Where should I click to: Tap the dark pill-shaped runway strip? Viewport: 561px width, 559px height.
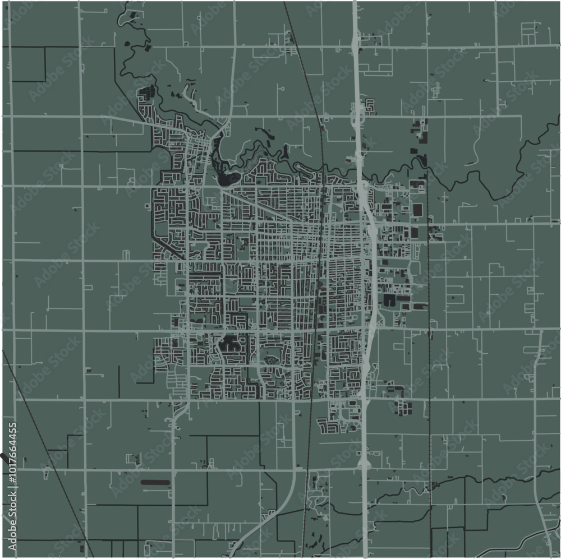155,482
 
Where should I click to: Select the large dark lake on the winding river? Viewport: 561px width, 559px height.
228,178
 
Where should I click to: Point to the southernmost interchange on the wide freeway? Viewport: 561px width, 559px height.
364,464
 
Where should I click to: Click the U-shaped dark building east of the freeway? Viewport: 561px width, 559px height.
389,300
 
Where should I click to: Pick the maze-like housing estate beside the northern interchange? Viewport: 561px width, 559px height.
369,106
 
